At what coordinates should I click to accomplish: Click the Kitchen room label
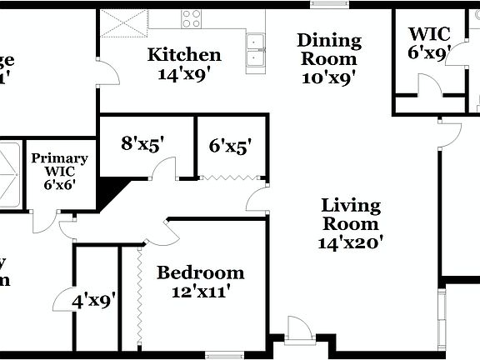[184, 55]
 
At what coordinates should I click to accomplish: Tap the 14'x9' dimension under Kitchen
[184, 73]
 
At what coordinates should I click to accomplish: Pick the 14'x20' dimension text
[351, 242]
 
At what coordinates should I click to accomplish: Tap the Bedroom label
[201, 272]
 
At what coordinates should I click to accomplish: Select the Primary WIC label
[59, 164]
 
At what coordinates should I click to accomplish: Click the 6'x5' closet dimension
[231, 146]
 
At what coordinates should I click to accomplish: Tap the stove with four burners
[192, 18]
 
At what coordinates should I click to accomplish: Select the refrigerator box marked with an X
[124, 22]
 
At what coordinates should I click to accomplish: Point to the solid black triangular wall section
[111, 192]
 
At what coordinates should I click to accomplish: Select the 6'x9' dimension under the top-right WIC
[429, 52]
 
